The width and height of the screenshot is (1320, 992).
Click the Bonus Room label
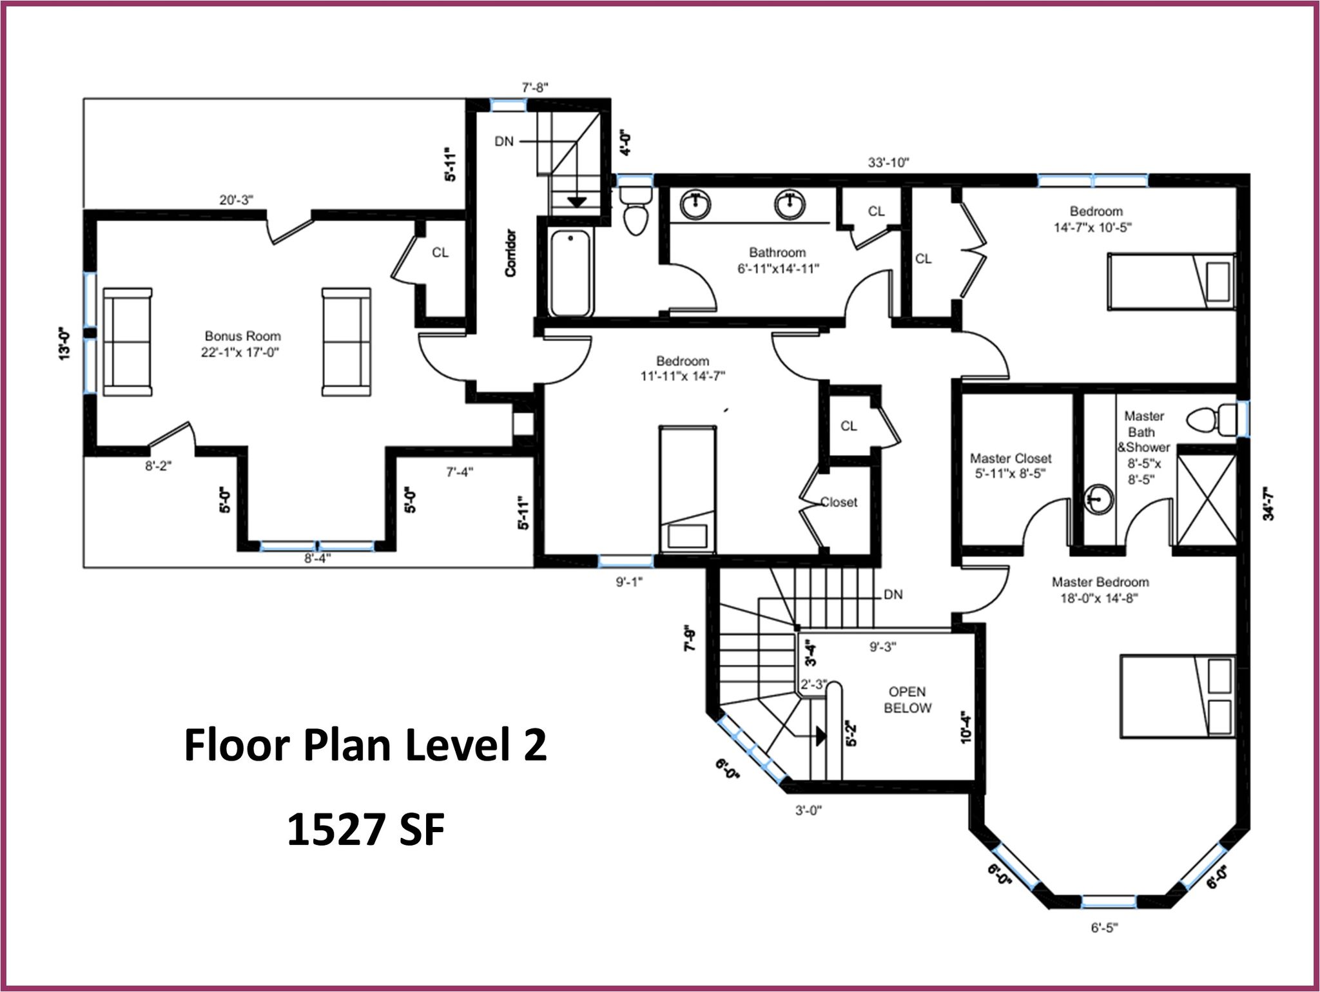coord(243,336)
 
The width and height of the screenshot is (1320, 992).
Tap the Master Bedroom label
coord(1100,582)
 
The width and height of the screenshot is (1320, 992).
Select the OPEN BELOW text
coord(907,700)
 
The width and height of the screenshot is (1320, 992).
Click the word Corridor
coord(511,253)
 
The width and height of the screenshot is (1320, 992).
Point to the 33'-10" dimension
coord(888,162)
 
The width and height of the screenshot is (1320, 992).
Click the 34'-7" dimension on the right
coord(1268,503)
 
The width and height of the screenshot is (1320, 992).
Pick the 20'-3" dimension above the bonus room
coord(237,200)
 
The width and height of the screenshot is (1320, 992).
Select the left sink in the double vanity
coord(695,204)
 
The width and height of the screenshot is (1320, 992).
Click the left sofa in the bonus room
coord(128,342)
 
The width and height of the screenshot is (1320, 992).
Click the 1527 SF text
coord(365,829)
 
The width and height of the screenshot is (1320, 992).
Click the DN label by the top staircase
coord(504,141)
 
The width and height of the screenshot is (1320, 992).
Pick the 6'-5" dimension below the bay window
coord(1104,928)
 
